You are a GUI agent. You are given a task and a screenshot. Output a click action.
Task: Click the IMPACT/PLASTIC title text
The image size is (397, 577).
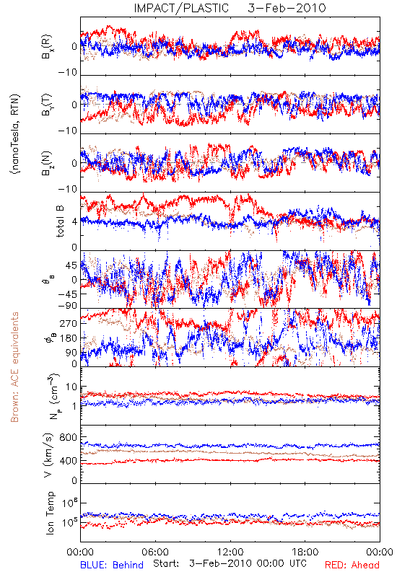pos(181,8)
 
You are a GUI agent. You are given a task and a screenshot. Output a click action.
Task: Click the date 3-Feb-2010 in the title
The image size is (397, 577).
pos(287,8)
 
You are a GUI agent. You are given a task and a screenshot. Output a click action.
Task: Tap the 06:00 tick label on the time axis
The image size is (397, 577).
pos(155,552)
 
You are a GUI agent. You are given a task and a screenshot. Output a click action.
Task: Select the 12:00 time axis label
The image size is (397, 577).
pos(230,552)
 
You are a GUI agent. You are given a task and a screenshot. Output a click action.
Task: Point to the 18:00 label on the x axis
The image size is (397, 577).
pos(305,552)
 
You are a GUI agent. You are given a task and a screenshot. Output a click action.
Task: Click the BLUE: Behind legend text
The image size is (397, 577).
pos(112,565)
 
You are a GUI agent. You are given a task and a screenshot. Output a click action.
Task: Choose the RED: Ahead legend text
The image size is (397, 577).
pos(352,565)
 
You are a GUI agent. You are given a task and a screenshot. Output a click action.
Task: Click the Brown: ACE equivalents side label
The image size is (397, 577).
pos(14,367)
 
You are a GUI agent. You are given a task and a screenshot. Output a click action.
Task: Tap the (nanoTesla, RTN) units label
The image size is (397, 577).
pos(15,133)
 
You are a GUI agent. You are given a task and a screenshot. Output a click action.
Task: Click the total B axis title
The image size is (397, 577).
pos(60,221)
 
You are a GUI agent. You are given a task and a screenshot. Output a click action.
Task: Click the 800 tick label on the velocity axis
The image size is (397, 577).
pos(68,437)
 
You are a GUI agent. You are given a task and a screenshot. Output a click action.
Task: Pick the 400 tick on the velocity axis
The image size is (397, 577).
pos(68,461)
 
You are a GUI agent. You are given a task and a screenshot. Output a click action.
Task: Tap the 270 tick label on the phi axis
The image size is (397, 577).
pos(69,323)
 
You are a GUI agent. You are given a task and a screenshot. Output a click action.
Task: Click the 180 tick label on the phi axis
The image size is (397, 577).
pos(69,338)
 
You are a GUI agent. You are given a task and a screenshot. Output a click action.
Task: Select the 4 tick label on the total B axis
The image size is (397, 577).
pos(74,222)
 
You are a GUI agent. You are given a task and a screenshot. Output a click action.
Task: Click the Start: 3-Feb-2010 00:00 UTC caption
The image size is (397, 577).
pos(230,564)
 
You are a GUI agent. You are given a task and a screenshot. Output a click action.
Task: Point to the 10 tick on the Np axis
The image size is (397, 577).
pos(71,387)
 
